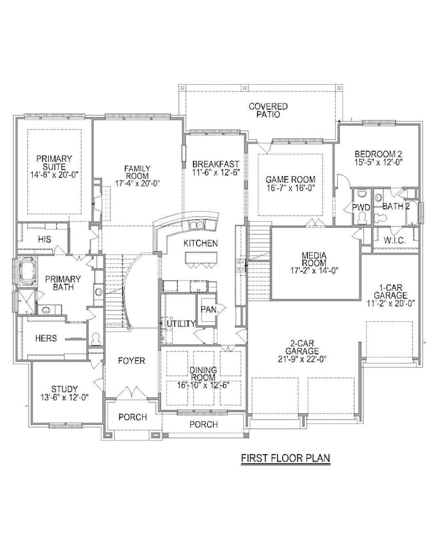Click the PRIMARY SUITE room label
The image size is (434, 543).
tap(53, 164)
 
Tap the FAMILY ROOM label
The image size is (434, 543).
tap(137, 173)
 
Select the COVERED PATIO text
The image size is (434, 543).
tap(268, 110)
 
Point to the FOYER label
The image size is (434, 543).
tap(132, 361)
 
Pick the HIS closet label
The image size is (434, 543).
tap(45, 238)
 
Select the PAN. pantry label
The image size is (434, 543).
tap(208, 309)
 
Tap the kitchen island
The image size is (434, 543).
tap(201, 258)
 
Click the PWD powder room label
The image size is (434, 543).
tap(361, 208)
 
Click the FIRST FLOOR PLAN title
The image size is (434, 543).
tap(285, 458)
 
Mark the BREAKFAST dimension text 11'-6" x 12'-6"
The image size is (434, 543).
tap(216, 172)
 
